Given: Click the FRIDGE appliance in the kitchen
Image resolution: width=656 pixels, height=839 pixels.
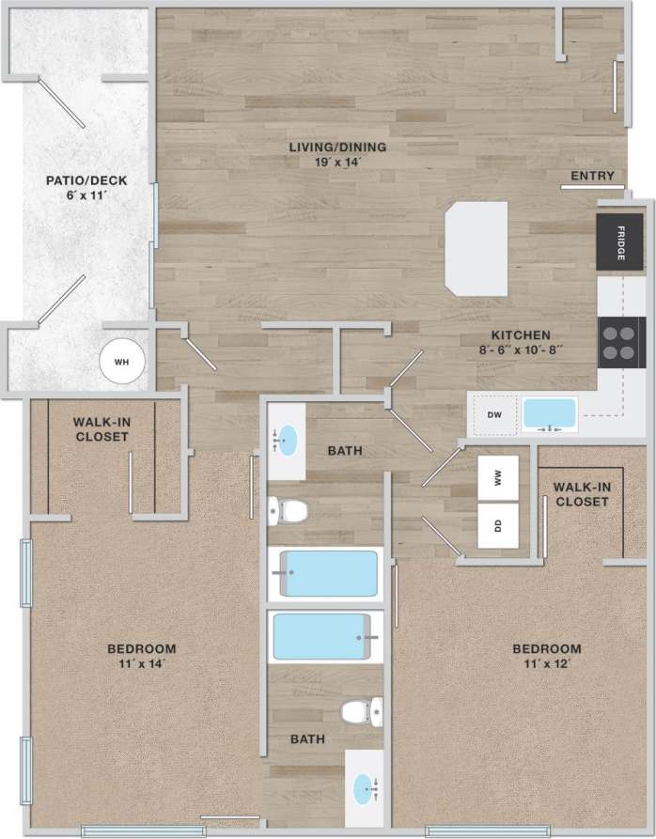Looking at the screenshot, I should click(x=620, y=241).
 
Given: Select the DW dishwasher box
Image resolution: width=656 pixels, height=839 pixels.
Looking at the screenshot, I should click(x=493, y=414).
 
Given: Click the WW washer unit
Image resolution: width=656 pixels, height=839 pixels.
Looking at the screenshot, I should click(x=498, y=478).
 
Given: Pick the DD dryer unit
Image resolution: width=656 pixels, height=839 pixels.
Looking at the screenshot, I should click(x=498, y=526).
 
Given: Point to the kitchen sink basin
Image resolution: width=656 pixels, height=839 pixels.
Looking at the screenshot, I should click(x=550, y=413).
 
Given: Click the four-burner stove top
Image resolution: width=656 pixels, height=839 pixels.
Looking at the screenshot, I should click(x=621, y=342).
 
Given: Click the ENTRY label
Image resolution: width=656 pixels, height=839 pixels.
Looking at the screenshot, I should click(x=592, y=176).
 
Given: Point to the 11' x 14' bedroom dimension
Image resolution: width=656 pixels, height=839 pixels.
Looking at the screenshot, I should click(x=142, y=663).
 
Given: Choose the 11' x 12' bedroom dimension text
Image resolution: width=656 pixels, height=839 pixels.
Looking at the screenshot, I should click(x=546, y=663).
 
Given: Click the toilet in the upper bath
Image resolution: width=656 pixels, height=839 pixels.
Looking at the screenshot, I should click(x=289, y=511).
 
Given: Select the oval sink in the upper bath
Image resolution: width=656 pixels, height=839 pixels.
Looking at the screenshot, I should click(x=288, y=439).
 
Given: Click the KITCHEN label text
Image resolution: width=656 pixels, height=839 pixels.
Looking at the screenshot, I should click(x=520, y=334).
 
